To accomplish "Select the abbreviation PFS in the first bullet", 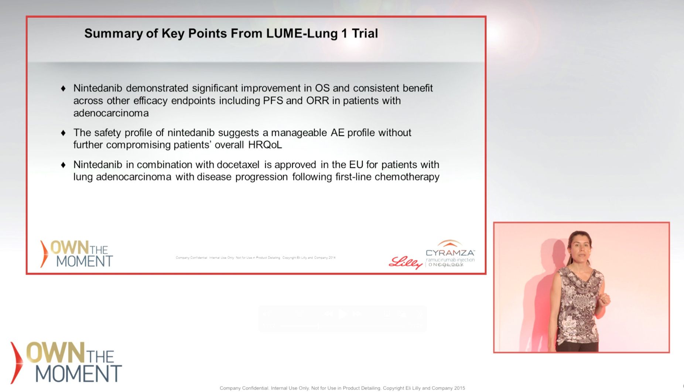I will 273,100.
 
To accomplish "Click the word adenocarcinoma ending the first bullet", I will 111,113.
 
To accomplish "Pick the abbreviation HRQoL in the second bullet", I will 265,145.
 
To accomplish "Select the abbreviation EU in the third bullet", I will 356,164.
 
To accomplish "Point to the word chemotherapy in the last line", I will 407,177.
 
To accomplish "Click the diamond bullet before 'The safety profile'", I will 63,133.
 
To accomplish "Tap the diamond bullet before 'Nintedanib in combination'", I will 63,165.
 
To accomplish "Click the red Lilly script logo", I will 406,263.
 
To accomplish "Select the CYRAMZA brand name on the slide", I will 450,253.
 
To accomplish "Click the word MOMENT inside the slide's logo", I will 84,261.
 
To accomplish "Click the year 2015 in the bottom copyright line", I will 459,388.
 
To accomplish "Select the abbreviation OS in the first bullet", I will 322,88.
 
